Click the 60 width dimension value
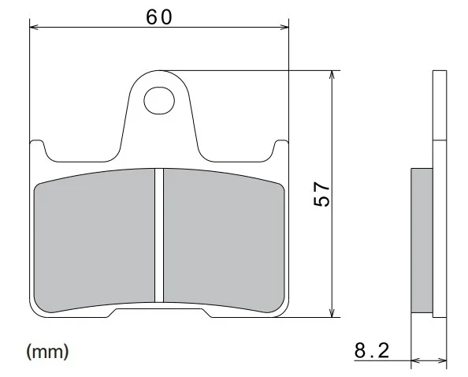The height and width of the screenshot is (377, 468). coord(159,17)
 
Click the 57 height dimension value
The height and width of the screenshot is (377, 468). coord(321,194)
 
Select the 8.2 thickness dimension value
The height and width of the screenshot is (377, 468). coord(372,350)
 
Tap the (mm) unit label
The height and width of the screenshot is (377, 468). coord(48,351)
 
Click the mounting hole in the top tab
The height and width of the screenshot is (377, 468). coord(159,101)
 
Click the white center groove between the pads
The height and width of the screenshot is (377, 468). coord(159,235)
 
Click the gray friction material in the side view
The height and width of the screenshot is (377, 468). coord(422,241)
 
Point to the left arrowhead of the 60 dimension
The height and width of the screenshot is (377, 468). coord(34,27)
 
